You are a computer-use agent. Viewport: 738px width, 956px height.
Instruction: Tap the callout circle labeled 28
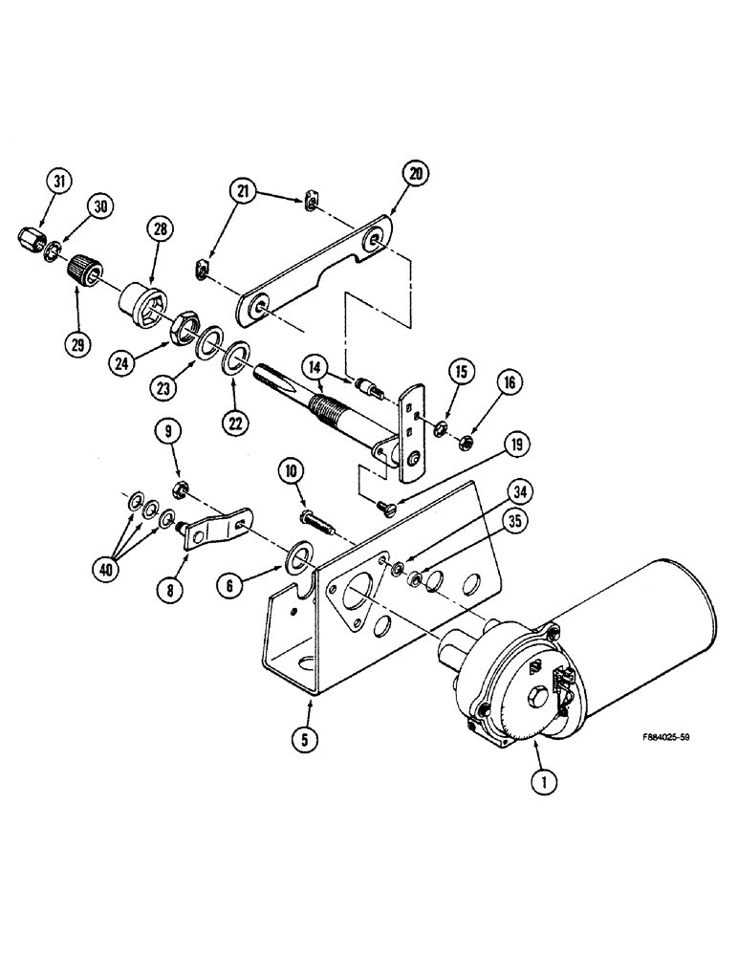click(x=158, y=229)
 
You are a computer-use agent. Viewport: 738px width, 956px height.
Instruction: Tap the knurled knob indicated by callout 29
click(x=86, y=262)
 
